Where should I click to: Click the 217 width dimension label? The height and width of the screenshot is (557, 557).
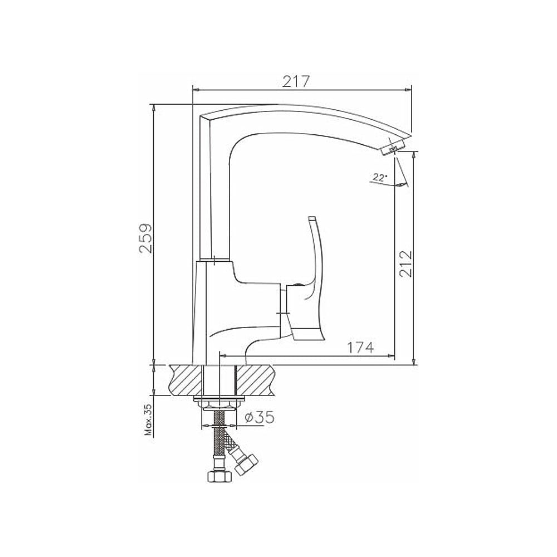pyautogui.click(x=296, y=81)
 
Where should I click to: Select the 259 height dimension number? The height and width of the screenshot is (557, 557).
pyautogui.click(x=145, y=238)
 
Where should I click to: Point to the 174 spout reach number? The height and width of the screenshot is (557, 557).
pyautogui.click(x=360, y=348)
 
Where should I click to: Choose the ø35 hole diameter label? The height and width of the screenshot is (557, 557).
pyautogui.click(x=260, y=417)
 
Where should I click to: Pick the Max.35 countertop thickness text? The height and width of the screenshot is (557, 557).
pyautogui.click(x=148, y=420)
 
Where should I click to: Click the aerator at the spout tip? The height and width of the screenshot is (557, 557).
pyautogui.click(x=393, y=147)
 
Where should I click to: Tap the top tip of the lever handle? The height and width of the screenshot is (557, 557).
pyautogui.click(x=312, y=218)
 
